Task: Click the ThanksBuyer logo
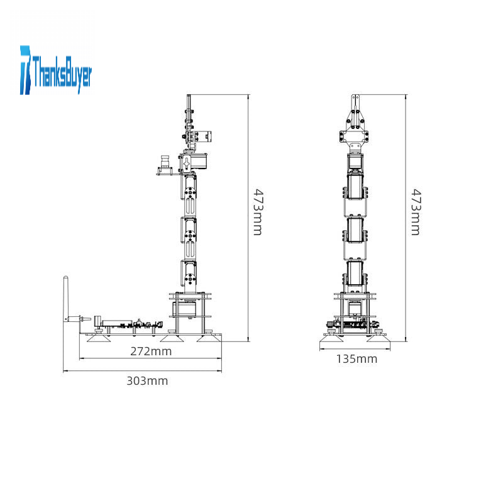(56, 70)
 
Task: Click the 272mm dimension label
(151, 351)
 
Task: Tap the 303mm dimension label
(147, 381)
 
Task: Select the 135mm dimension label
(357, 358)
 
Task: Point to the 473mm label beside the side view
(258, 212)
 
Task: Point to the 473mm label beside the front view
(416, 212)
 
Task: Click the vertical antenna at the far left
(65, 298)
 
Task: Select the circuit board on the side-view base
(128, 324)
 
